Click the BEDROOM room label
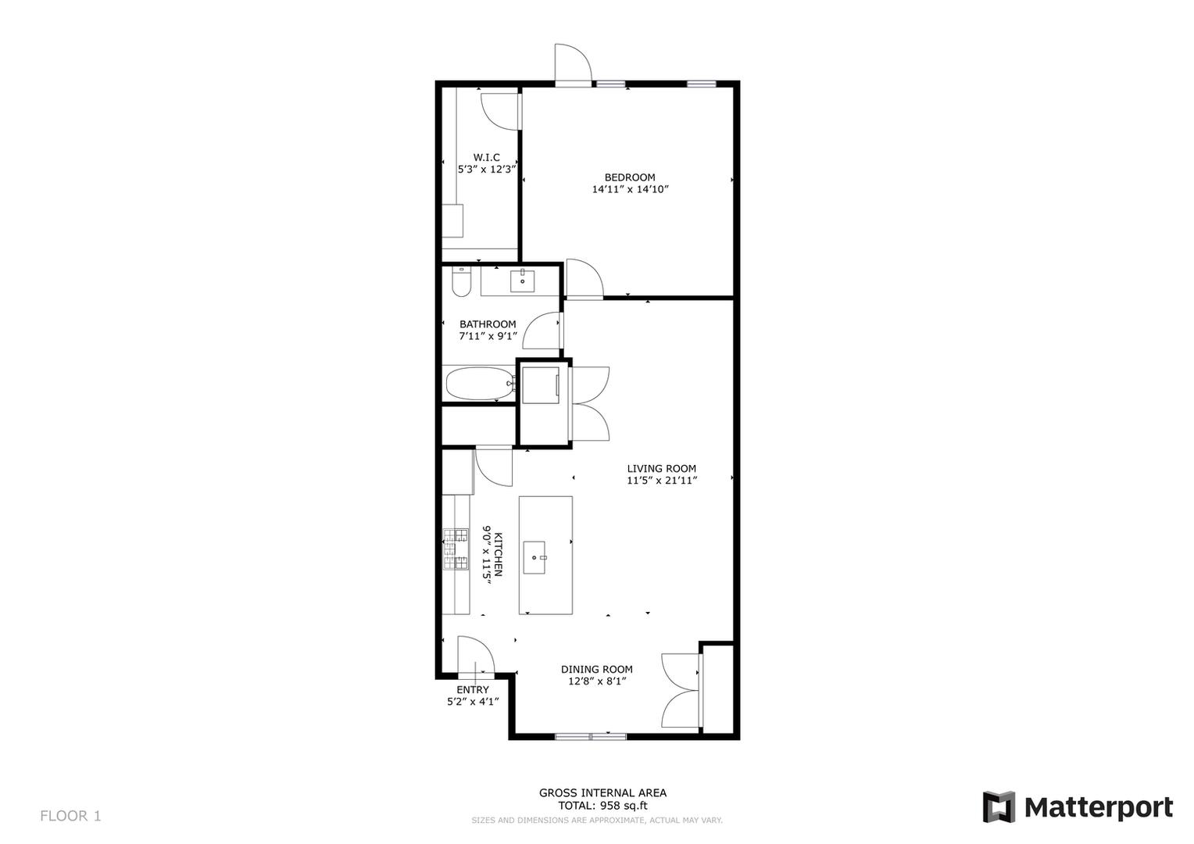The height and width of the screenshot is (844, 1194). pos(629,177)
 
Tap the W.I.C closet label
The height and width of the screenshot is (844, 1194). pos(486,157)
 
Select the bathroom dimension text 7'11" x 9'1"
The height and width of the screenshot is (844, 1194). pos(488,336)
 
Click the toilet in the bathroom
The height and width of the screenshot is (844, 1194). pos(461,282)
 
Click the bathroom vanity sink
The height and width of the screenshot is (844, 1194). pos(522,281)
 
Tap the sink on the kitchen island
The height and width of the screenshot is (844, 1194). pos(534,557)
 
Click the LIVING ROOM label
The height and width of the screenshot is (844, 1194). pos(661,469)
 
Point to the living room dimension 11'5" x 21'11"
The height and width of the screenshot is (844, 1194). pos(661,481)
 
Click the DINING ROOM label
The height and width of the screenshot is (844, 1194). pos(596,669)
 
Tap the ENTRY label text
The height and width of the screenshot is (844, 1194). pos(472,689)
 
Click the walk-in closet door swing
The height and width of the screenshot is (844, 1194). pos(499,111)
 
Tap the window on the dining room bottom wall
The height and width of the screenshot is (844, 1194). pos(591,735)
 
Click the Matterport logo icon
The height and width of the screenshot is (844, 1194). pos(999,806)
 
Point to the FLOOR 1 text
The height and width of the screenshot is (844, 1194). pos(70,816)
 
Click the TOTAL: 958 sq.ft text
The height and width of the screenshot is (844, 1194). pos(602,806)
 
